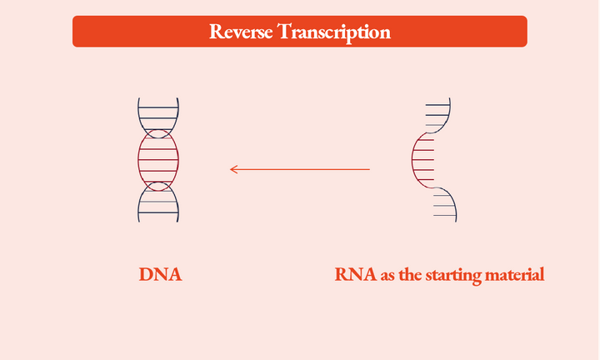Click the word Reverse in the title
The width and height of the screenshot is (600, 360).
[240, 32]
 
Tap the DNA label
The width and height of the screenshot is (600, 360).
[160, 274]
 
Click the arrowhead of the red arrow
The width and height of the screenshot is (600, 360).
[232, 169]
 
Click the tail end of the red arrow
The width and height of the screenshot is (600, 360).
[368, 169]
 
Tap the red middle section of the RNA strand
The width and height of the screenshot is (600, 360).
[422, 159]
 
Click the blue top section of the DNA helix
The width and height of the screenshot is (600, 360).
[158, 112]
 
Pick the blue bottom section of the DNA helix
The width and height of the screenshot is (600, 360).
[158, 204]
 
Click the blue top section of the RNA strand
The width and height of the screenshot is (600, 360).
[438, 114]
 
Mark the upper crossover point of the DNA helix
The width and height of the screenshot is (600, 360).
[158, 133]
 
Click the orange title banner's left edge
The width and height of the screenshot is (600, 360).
[74, 32]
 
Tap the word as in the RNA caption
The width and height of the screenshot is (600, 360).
[387, 275]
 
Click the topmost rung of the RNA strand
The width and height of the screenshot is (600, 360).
[437, 105]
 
